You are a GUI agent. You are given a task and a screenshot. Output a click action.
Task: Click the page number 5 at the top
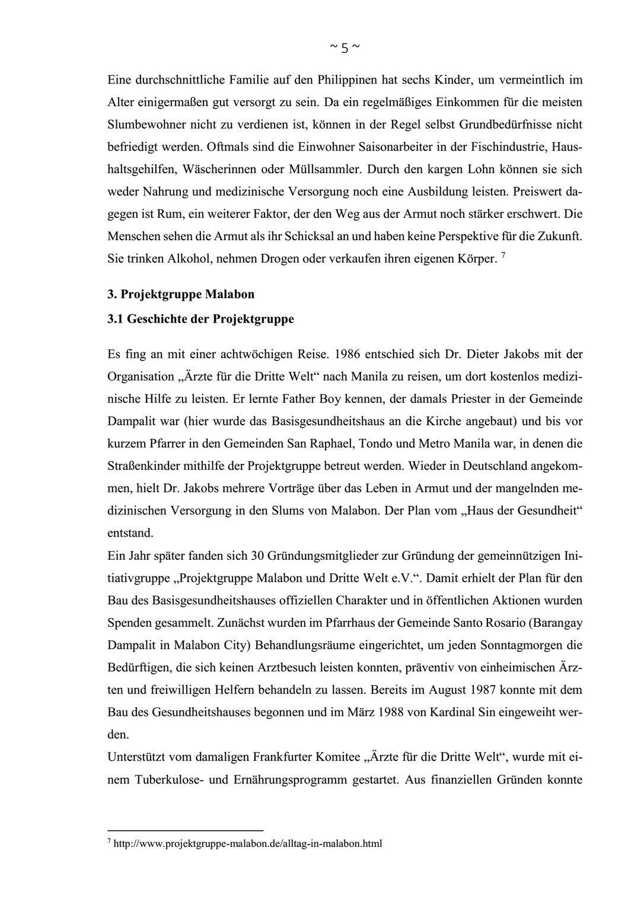click(344, 49)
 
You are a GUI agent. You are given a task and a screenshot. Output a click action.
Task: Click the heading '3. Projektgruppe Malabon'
click(180, 294)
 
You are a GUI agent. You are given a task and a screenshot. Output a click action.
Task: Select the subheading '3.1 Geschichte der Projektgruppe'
click(200, 319)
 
